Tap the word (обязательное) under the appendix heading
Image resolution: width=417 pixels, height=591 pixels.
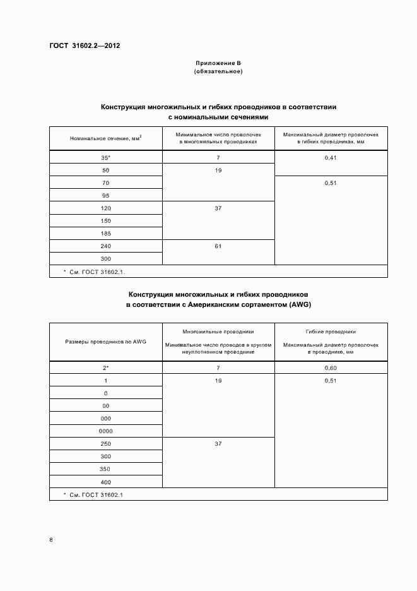(x=218, y=72)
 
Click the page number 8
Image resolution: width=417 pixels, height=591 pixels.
(x=51, y=540)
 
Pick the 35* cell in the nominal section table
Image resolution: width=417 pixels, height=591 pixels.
(x=105, y=158)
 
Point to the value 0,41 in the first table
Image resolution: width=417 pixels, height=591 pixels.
(x=331, y=158)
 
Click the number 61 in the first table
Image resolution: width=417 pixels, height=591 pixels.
(x=218, y=246)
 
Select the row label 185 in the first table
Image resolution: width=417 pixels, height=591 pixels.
(x=105, y=234)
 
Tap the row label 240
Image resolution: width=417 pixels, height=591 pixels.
(x=105, y=246)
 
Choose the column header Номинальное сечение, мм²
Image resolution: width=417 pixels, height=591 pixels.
(x=105, y=138)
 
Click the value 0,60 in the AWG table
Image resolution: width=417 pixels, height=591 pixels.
(x=331, y=367)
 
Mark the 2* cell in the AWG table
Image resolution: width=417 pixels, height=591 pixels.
(x=105, y=367)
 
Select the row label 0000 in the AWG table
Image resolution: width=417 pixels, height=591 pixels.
(x=105, y=431)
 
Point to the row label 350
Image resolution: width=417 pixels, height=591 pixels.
(x=105, y=469)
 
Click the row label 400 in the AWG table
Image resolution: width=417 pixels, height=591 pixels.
(x=105, y=482)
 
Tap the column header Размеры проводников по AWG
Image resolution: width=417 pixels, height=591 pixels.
(x=105, y=342)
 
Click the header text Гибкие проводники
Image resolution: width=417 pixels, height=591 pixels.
(x=331, y=331)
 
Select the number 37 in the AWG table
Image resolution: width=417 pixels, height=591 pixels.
(x=218, y=444)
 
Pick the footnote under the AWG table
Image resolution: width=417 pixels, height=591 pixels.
(x=93, y=494)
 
